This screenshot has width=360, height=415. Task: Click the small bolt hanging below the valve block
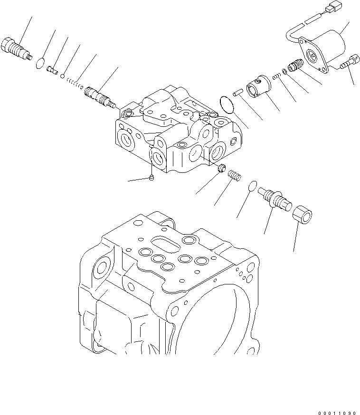point(151,178)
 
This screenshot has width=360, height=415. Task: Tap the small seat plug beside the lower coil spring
point(221,168)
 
